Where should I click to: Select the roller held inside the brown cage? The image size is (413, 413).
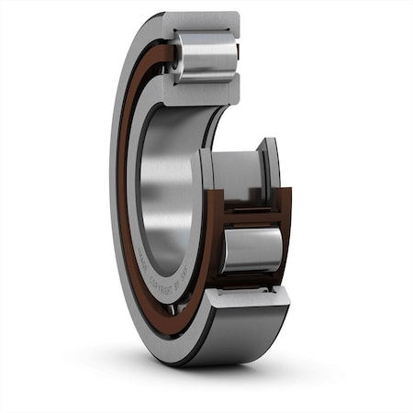(250, 249)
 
